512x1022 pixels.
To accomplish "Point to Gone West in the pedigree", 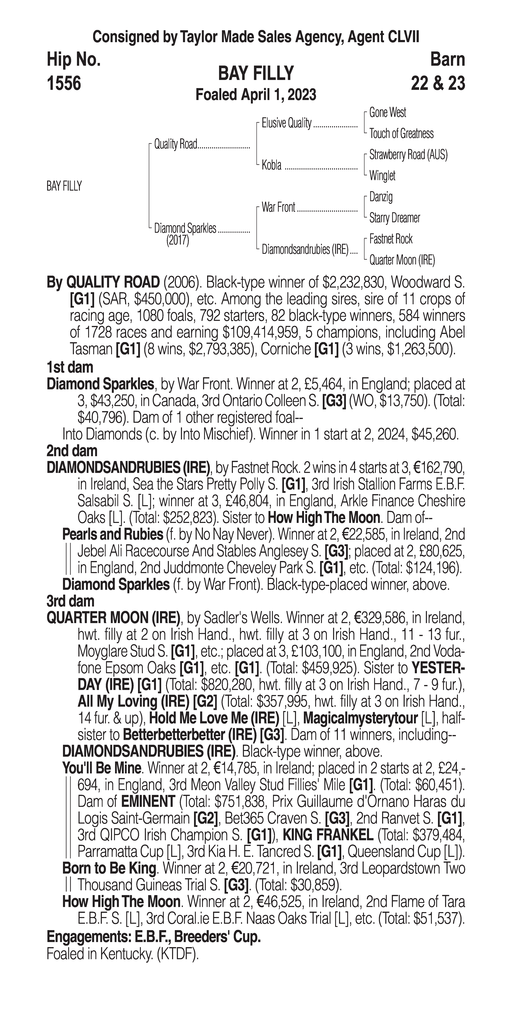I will click(x=387, y=113).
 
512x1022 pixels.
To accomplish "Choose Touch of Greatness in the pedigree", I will click(x=401, y=134).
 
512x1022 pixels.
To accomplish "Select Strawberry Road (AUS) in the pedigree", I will click(x=408, y=155).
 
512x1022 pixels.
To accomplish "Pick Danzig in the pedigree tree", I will click(x=381, y=197).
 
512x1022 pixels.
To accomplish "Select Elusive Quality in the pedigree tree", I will click(x=286, y=123).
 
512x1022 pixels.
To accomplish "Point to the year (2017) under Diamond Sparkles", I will click(x=177, y=240).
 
